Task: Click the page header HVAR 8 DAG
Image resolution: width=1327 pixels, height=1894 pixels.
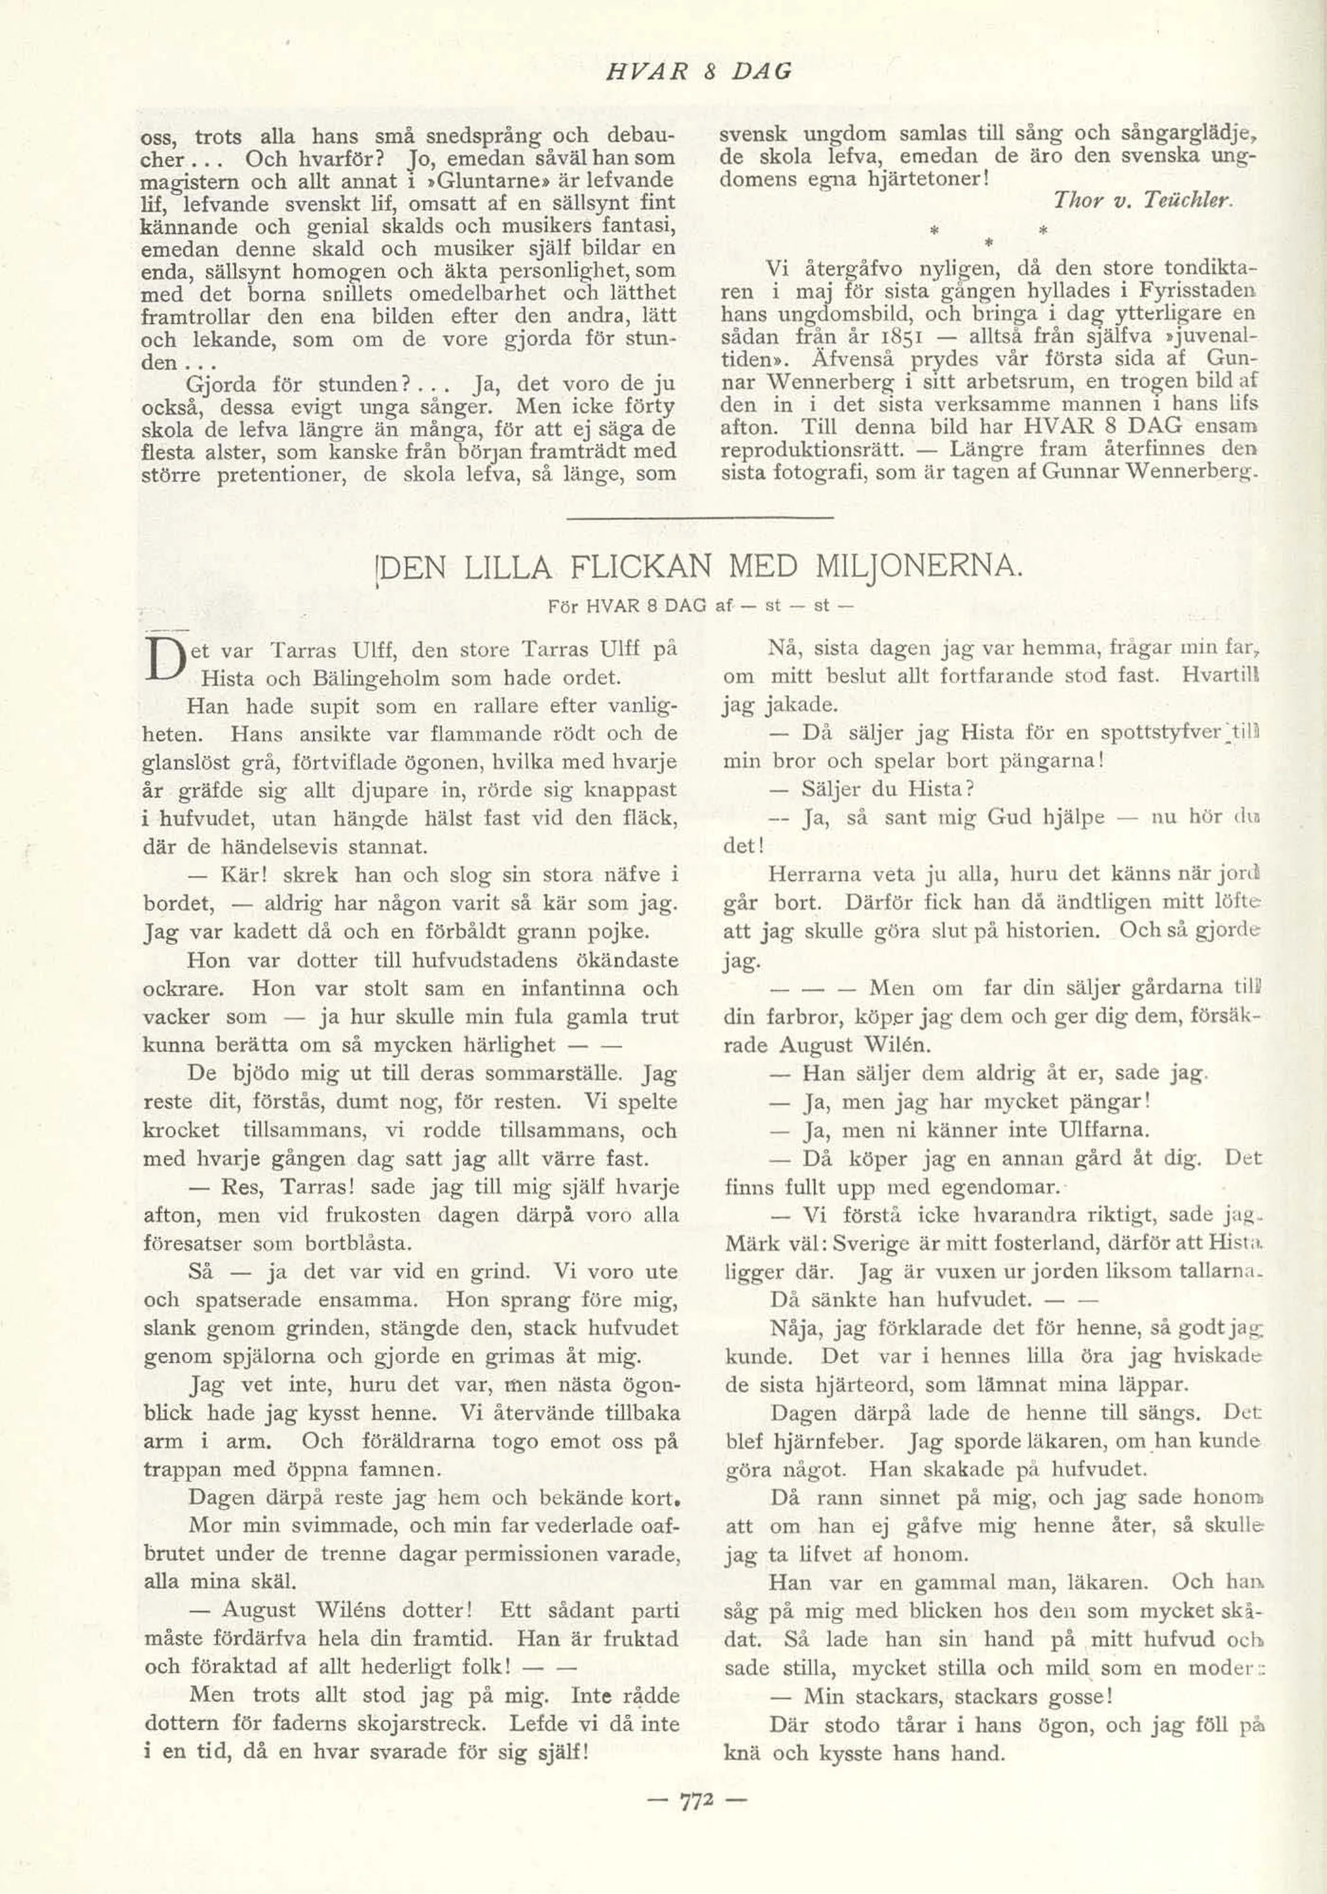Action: tap(699, 72)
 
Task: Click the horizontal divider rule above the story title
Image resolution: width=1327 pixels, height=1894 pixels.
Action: tap(698, 517)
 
